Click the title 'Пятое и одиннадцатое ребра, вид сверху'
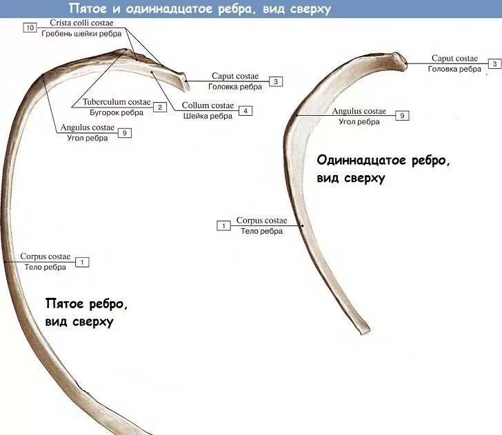pyautogui.click(x=199, y=9)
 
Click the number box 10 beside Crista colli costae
pyautogui.click(x=29, y=28)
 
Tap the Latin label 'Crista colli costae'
pyautogui.click(x=81, y=23)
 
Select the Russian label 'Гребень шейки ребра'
pyautogui.click(x=81, y=33)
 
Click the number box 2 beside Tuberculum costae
pyautogui.click(x=159, y=107)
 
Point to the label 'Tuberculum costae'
pyautogui.click(x=114, y=103)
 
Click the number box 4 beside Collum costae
pyautogui.click(x=245, y=110)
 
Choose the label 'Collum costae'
pyautogui.click(x=208, y=105)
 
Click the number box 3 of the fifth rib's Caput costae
pyautogui.click(x=275, y=81)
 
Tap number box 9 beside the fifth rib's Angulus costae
pyautogui.click(x=124, y=132)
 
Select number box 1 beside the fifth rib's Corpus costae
pyautogui.click(x=82, y=262)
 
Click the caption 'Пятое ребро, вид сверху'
pyautogui.click(x=87, y=312)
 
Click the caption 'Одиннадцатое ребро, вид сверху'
pyautogui.click(x=383, y=169)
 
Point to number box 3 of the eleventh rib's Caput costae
pyautogui.click(x=494, y=64)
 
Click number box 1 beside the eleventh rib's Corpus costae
pyautogui.click(x=223, y=225)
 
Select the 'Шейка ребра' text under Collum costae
pyautogui.click(x=208, y=116)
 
